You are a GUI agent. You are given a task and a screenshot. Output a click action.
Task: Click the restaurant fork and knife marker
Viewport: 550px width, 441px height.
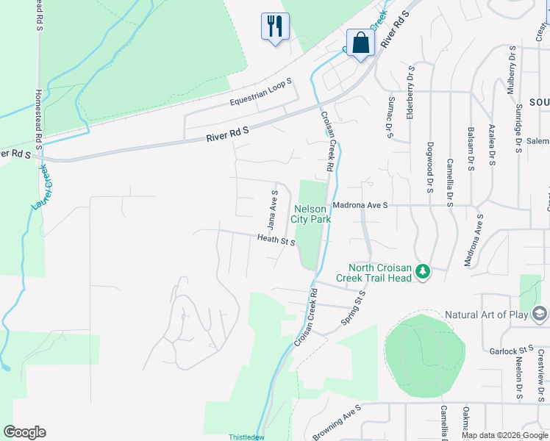tap(275, 26)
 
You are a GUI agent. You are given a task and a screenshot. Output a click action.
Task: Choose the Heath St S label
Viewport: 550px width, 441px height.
tap(276, 240)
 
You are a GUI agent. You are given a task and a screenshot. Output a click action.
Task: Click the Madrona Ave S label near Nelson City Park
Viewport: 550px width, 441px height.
tap(360, 206)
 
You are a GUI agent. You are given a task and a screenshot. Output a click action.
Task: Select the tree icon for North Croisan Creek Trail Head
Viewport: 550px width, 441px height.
tap(423, 272)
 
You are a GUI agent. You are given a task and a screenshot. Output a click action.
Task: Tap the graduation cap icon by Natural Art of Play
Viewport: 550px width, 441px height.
tap(540, 315)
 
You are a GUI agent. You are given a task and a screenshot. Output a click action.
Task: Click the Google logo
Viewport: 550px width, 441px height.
tap(24, 432)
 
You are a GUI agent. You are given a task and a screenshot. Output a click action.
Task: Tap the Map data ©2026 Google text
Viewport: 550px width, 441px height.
tap(504, 435)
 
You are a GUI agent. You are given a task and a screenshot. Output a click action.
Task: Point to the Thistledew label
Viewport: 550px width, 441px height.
tap(246, 437)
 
